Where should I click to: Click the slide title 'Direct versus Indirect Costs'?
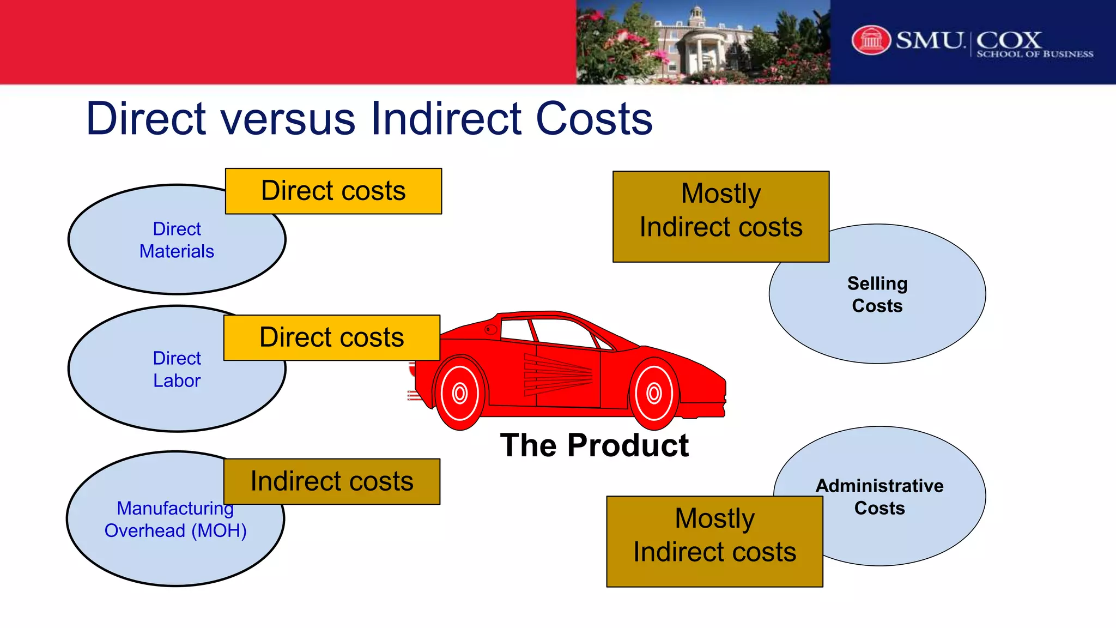point(369,118)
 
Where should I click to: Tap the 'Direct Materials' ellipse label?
point(177,240)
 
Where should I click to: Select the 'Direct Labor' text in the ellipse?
point(177,369)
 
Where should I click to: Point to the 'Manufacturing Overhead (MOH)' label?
point(175,519)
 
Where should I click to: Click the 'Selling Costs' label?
point(877,294)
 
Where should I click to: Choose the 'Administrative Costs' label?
point(880,497)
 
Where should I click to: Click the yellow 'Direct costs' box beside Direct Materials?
point(333,191)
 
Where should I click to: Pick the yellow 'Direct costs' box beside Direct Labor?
point(332,337)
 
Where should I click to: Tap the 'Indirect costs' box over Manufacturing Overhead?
point(332,481)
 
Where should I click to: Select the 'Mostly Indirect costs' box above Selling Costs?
point(721,216)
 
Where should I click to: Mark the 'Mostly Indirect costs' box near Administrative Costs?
point(714,541)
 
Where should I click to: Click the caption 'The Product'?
point(595,445)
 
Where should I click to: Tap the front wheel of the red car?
point(654,393)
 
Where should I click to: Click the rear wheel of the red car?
point(460,393)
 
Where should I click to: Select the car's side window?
point(561,331)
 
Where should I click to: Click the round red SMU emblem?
point(871,40)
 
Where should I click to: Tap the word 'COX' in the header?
point(1009,39)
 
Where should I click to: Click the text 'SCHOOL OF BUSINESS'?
point(1034,54)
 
